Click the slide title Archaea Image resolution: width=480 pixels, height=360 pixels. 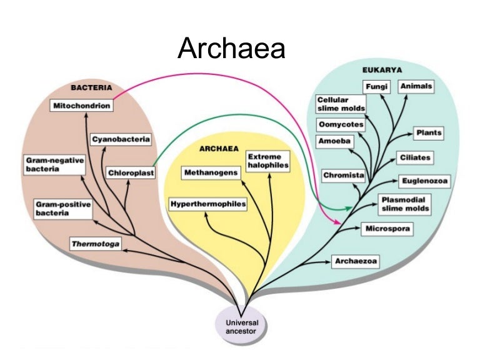(x=231, y=48)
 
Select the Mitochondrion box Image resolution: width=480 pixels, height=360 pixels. (x=81, y=106)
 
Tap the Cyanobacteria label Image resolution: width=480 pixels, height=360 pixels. (x=121, y=139)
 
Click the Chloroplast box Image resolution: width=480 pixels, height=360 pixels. (x=130, y=172)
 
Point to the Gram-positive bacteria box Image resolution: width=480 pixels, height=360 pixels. (x=62, y=209)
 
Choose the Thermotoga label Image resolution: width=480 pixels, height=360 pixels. (x=95, y=243)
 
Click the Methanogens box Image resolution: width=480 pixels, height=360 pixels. (x=211, y=172)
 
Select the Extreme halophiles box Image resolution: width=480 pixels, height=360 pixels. (x=267, y=161)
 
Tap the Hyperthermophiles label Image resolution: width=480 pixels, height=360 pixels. (x=207, y=204)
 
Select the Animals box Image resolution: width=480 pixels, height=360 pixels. (x=416, y=86)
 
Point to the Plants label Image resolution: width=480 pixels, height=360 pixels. (x=428, y=133)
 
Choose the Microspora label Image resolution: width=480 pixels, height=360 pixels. (x=387, y=229)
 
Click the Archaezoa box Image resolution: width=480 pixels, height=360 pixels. (x=356, y=261)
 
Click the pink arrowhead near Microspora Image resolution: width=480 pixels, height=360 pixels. (x=338, y=222)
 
